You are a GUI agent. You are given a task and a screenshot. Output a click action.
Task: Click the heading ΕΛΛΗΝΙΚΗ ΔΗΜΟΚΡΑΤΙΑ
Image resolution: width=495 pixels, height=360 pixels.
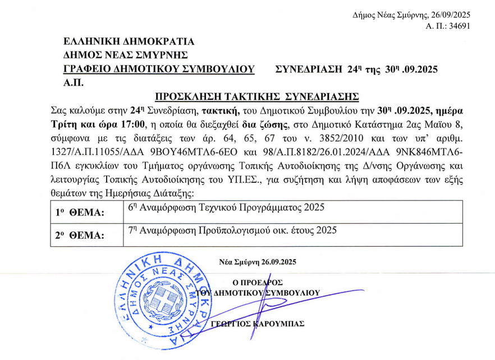coord(129,41)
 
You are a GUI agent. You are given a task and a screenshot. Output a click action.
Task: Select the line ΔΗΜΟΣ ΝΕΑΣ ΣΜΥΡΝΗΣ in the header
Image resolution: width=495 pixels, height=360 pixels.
coord(126,55)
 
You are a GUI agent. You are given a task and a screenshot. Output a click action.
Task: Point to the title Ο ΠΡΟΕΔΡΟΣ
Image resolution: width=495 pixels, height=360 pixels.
coord(260,282)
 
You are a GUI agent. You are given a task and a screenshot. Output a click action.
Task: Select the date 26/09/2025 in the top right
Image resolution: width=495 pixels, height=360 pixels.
coord(450,15)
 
